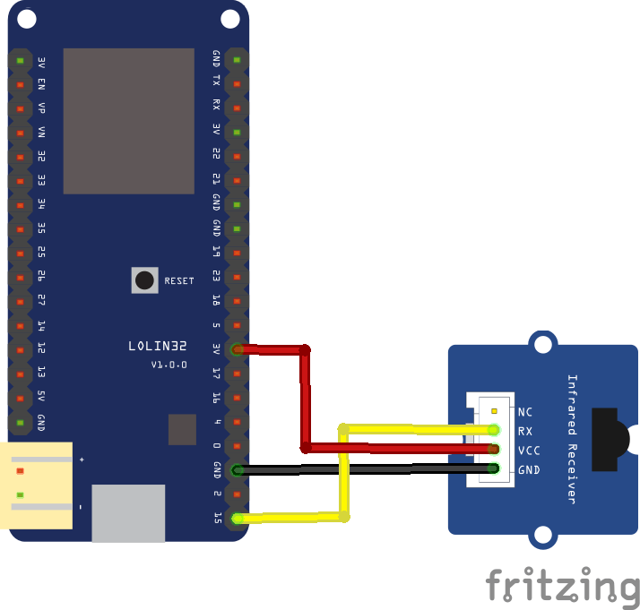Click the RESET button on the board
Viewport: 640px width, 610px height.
[x=144, y=280]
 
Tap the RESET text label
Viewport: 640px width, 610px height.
[x=178, y=281]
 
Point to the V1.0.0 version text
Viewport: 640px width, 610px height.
[x=169, y=365]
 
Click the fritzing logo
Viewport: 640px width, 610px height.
[x=563, y=587]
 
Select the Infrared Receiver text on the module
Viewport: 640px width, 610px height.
[x=572, y=439]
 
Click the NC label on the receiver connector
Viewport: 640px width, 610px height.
[x=525, y=412]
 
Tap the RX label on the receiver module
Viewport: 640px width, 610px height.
[x=525, y=431]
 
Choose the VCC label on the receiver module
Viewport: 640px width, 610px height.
[x=529, y=450]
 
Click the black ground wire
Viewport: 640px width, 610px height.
[x=368, y=468]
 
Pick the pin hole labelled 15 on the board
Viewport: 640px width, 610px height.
[x=237, y=518]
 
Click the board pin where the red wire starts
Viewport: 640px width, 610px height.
[x=237, y=348]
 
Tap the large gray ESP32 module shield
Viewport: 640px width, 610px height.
[x=129, y=121]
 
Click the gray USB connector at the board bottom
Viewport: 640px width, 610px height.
[x=128, y=512]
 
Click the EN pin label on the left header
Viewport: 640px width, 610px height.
[x=41, y=84]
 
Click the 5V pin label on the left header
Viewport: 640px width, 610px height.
[x=41, y=397]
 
